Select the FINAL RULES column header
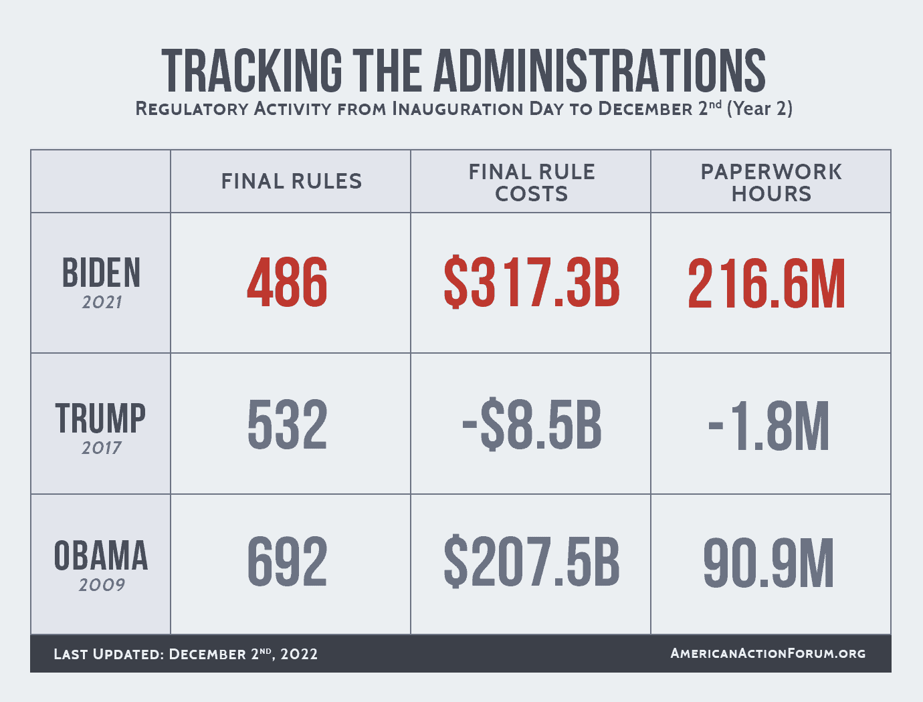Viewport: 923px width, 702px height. point(291,181)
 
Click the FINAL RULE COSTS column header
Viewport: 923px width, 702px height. point(531,183)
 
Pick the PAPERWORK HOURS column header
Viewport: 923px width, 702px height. point(771,183)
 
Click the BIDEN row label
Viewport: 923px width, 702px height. point(101,273)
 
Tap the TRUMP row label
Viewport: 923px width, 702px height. point(101,419)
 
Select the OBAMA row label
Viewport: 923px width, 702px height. point(101,556)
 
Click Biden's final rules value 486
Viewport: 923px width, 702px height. point(288,283)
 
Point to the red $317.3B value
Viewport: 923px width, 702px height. point(532,283)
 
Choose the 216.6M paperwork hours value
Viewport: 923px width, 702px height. point(766,285)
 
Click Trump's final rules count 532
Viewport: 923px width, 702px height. point(288,425)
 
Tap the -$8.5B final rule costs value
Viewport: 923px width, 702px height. point(532,425)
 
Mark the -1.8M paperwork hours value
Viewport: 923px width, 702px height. point(768,426)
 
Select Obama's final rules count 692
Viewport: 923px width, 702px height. point(288,563)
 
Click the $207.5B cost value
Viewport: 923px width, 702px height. point(532,564)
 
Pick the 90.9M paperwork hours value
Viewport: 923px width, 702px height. point(768,564)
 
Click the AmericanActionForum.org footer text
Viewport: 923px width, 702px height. point(768,653)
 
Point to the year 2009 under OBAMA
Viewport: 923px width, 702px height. point(102,585)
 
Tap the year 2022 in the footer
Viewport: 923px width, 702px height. point(299,654)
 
